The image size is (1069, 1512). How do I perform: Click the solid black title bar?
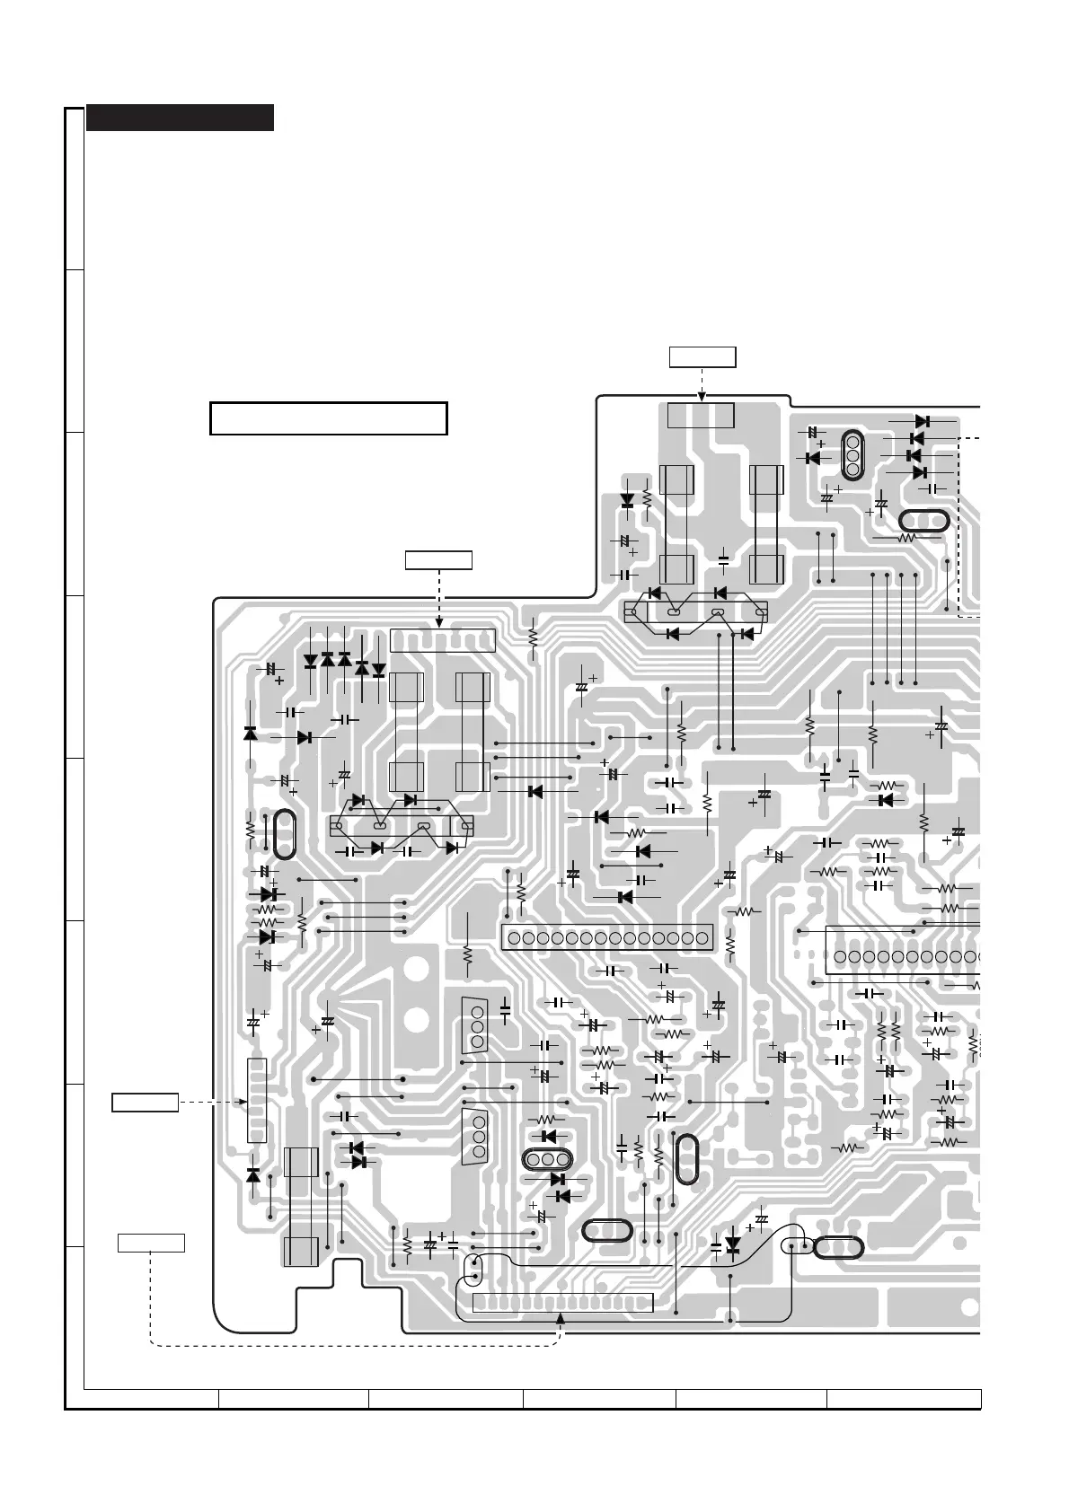(180, 118)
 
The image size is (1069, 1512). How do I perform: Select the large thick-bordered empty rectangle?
(328, 418)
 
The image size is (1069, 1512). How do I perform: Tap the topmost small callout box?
(702, 356)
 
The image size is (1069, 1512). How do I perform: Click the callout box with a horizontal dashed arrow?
(145, 1102)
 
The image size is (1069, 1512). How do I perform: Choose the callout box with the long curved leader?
(152, 1243)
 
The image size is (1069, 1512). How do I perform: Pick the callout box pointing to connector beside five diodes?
(438, 561)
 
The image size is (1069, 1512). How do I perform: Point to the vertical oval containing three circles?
(852, 454)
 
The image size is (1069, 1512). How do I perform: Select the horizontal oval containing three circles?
(548, 1160)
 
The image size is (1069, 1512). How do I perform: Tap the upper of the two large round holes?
(415, 971)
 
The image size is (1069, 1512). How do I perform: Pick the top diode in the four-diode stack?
(921, 421)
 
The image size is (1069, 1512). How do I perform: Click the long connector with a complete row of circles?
(607, 938)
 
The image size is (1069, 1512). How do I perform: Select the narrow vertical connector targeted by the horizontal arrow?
(256, 1101)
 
